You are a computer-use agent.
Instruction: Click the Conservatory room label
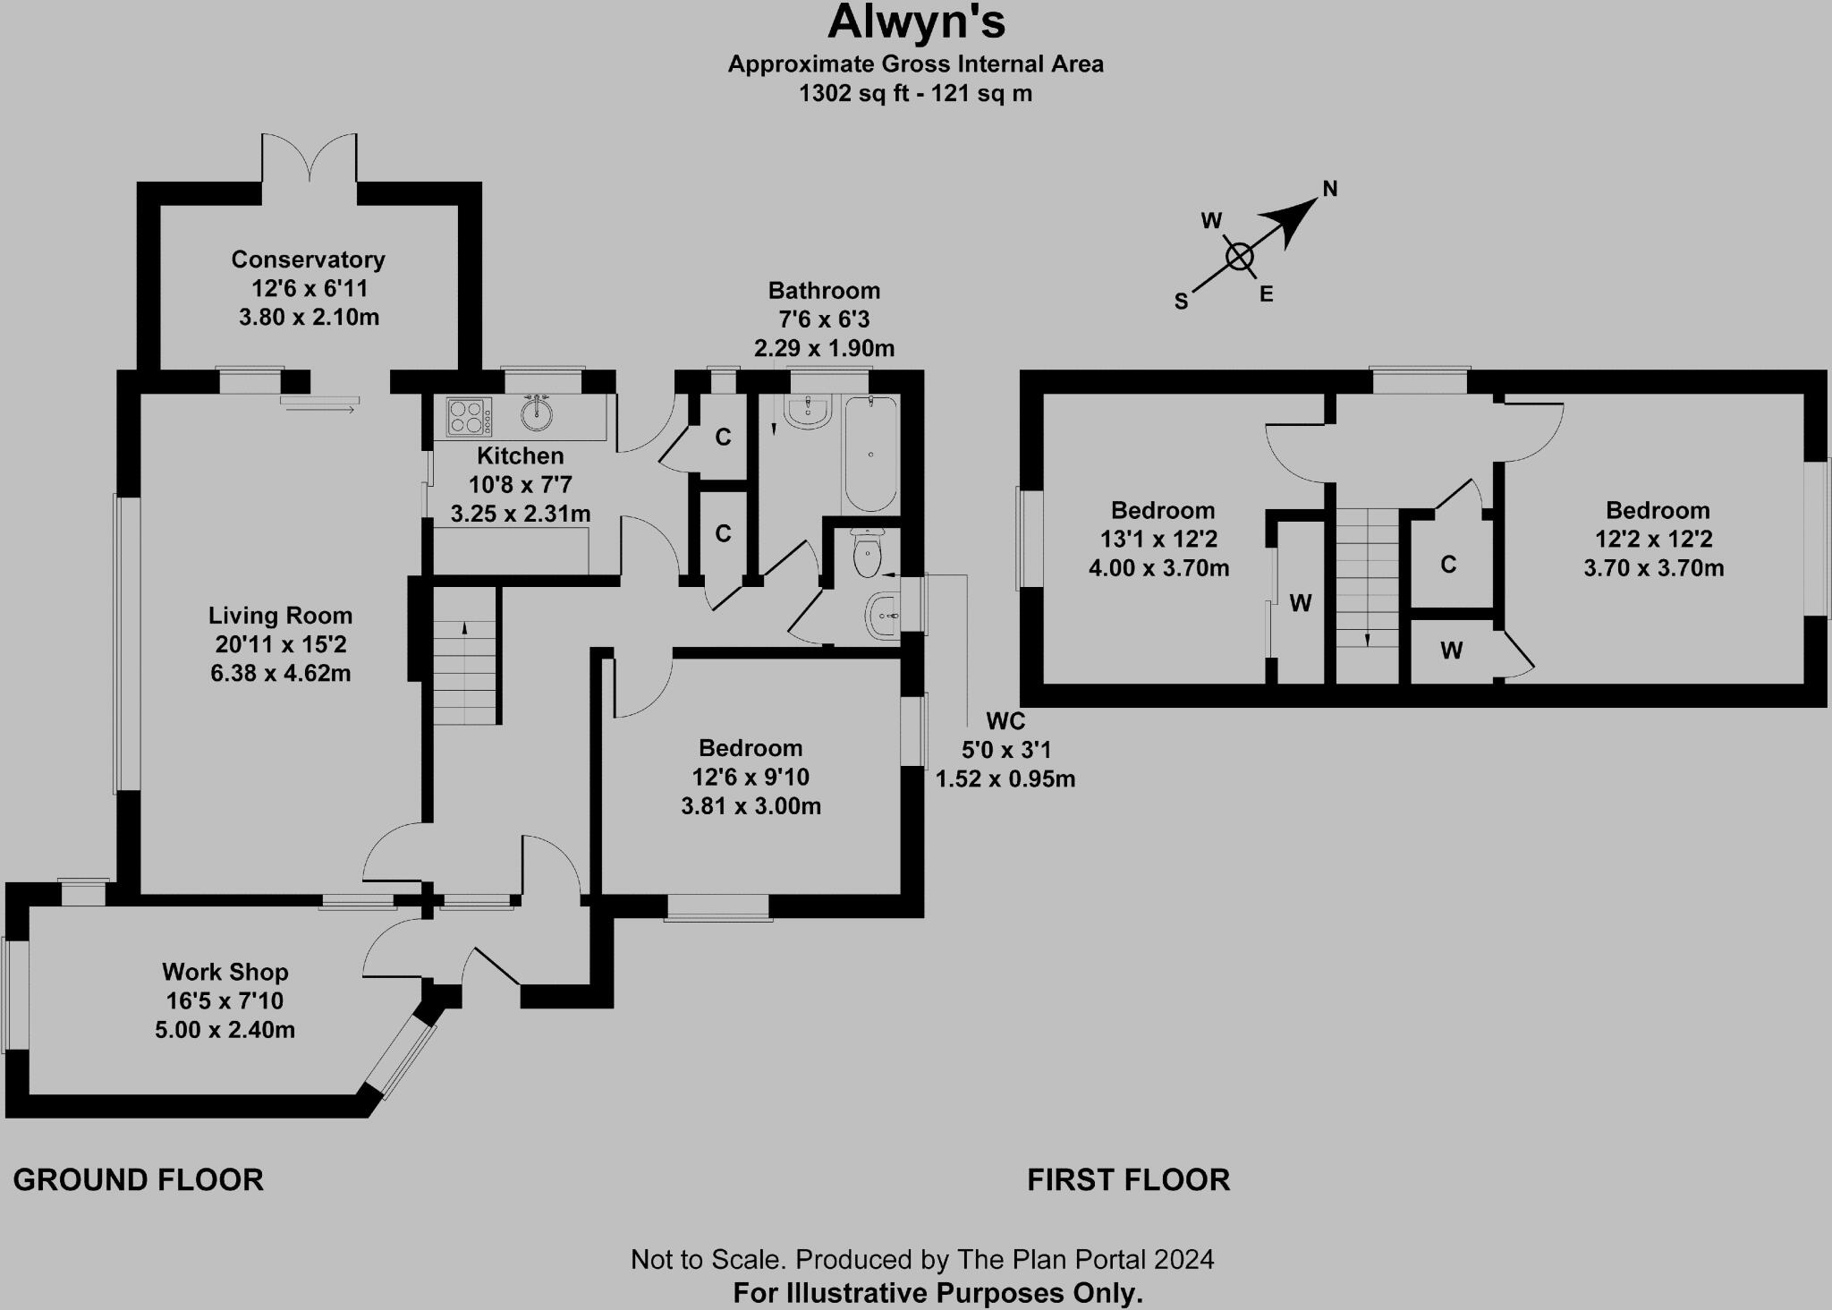click(x=308, y=259)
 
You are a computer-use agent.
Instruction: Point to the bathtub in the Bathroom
click(x=869, y=453)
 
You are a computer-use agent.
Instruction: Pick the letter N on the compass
click(x=1329, y=189)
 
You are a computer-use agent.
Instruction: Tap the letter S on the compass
click(x=1181, y=302)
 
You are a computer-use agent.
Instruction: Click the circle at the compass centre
click(x=1239, y=257)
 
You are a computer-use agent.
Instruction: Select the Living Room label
click(x=280, y=616)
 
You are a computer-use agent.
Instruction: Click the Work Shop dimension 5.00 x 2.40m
click(x=225, y=1030)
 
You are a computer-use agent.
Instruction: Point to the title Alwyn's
click(x=916, y=23)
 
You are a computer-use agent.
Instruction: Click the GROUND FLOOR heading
click(x=139, y=1180)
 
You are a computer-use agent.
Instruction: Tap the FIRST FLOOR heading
click(x=1128, y=1180)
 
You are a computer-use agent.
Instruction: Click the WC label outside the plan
click(x=1005, y=721)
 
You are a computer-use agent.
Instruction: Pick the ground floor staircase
click(x=465, y=658)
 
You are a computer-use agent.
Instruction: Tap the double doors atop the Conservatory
click(x=310, y=158)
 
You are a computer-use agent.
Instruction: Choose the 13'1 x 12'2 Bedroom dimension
click(x=1158, y=540)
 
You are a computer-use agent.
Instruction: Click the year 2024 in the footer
click(x=1183, y=1260)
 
